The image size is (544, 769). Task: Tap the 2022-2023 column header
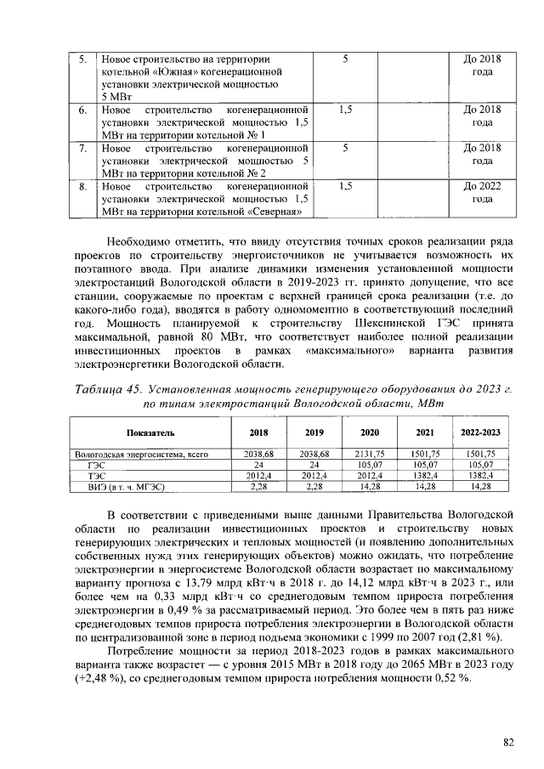[480, 433]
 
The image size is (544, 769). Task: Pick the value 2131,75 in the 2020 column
[370, 455]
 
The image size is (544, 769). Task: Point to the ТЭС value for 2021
[425, 476]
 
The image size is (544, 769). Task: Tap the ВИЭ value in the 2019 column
[314, 487]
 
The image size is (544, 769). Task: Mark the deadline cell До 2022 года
[481, 191]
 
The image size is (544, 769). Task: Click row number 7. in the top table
[82, 148]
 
